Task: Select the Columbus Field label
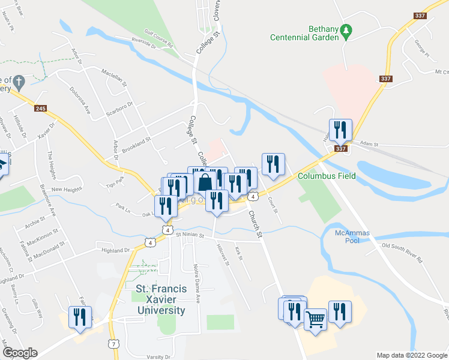327,176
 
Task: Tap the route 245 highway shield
40,109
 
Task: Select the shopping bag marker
205,181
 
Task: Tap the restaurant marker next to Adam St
340,129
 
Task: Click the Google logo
19,353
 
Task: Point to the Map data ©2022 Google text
411,355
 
